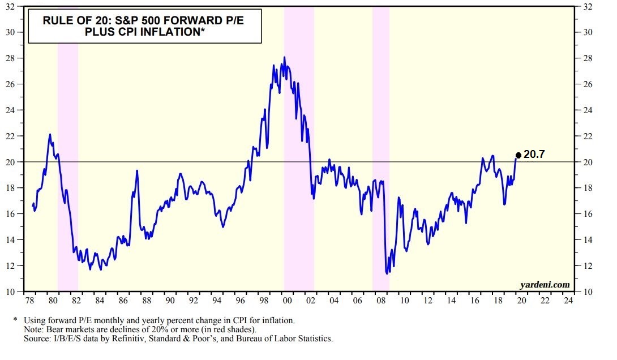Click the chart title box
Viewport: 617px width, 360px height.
[x=144, y=27]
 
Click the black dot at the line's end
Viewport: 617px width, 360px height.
[x=518, y=155]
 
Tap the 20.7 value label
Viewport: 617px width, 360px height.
[x=534, y=154]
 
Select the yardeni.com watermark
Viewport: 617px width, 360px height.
[x=545, y=284]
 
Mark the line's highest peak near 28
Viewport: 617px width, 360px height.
[x=284, y=57]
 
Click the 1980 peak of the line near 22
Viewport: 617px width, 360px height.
[x=50, y=135]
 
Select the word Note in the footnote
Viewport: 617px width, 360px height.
[x=33, y=329]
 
